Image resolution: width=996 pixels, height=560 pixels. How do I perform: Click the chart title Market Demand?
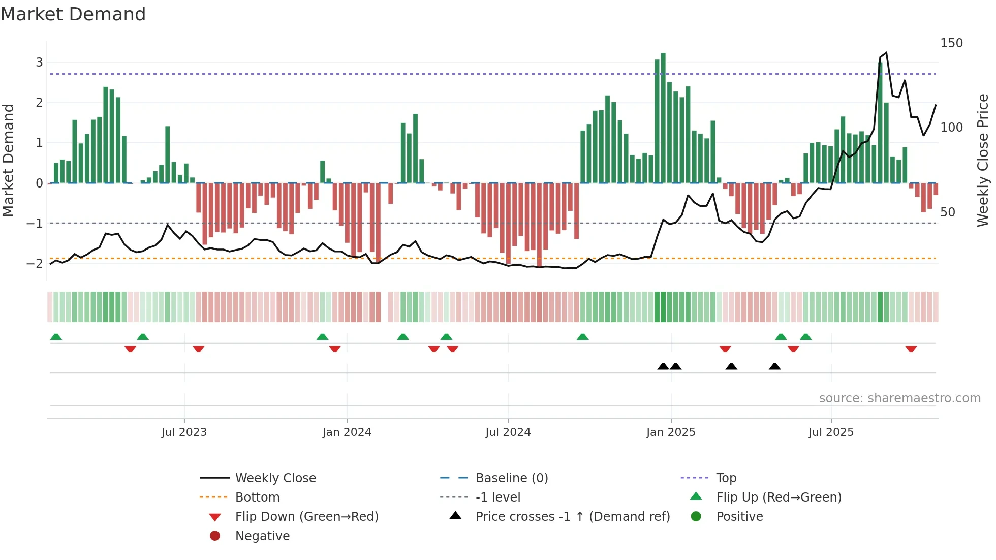click(73, 14)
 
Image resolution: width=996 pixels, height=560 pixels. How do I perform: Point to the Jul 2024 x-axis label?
click(508, 432)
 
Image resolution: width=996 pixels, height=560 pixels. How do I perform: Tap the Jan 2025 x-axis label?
click(670, 432)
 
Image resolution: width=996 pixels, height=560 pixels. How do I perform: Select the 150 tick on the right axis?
click(951, 43)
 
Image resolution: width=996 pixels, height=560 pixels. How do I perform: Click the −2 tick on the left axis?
click(35, 263)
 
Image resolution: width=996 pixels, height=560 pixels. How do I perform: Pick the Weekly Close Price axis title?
click(983, 160)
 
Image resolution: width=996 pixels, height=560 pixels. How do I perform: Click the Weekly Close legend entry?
click(275, 478)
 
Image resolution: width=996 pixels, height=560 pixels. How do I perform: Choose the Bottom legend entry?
click(257, 497)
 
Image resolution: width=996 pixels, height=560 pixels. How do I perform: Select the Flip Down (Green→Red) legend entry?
click(306, 517)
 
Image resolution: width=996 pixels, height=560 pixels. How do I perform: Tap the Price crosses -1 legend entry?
click(572, 517)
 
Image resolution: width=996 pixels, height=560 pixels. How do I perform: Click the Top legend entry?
click(726, 478)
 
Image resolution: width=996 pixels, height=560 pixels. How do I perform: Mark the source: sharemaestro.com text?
click(899, 398)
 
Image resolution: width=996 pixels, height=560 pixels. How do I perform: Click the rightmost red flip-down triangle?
click(911, 349)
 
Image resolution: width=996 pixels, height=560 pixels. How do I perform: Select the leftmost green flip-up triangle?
click(56, 337)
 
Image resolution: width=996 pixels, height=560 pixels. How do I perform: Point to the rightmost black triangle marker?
click(774, 367)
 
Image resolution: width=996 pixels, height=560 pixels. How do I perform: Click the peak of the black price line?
click(886, 53)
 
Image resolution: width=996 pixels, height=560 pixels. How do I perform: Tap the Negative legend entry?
click(262, 536)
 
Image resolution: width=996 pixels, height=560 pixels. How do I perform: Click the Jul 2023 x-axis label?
click(184, 432)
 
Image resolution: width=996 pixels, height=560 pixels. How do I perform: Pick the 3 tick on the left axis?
click(39, 63)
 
